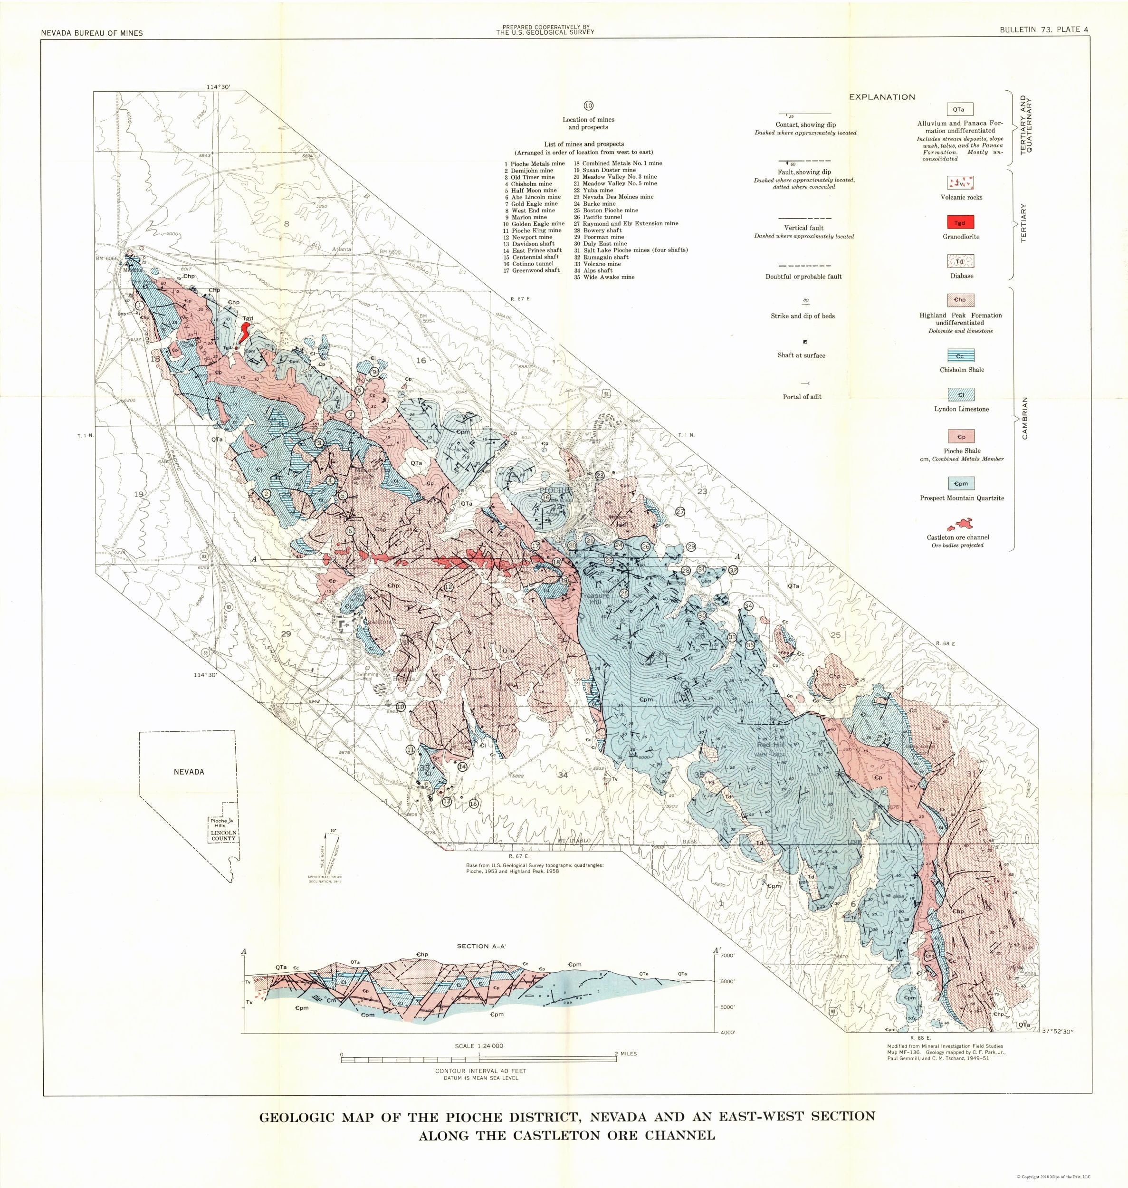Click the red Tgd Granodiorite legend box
point(960,222)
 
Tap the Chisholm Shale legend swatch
point(960,356)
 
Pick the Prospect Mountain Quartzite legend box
point(960,483)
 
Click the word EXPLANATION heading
point(881,97)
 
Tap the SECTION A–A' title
point(480,946)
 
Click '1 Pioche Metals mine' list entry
point(535,163)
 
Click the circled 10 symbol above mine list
point(588,106)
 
